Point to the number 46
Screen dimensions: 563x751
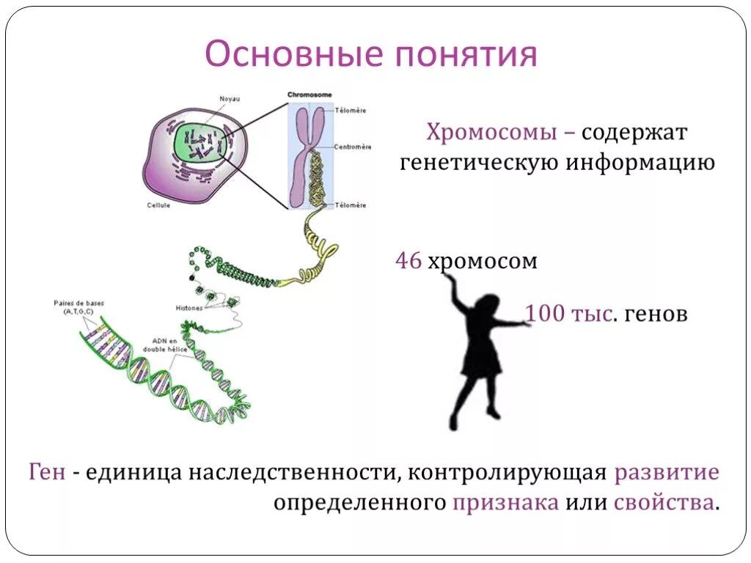(x=408, y=261)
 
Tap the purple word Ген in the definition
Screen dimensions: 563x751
(x=47, y=472)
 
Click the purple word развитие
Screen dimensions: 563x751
(x=667, y=472)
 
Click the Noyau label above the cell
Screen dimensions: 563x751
(x=230, y=99)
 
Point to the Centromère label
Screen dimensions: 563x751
(x=350, y=145)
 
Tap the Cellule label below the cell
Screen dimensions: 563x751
(x=158, y=205)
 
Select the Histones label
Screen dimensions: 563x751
(x=189, y=308)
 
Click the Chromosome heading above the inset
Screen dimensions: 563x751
(x=309, y=95)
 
